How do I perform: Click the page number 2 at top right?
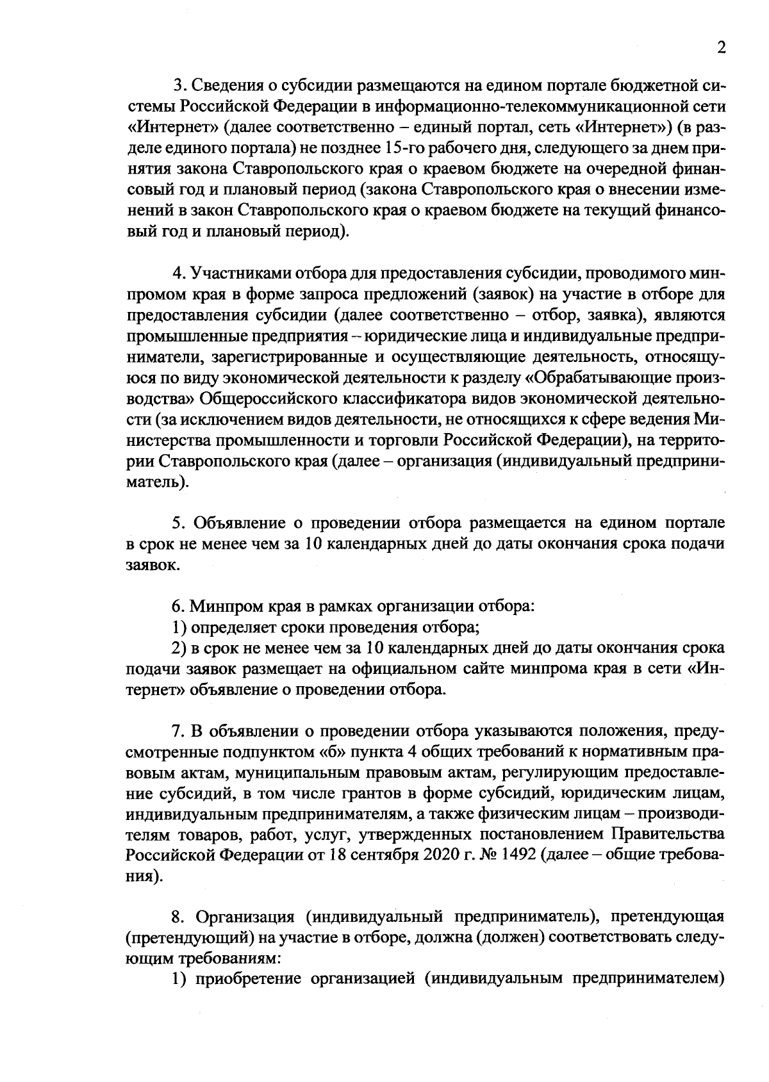(722, 49)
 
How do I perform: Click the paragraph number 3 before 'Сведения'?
(179, 85)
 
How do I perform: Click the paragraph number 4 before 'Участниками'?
(179, 274)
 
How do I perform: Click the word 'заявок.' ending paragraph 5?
(149, 566)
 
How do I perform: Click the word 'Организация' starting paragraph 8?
(244, 917)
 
